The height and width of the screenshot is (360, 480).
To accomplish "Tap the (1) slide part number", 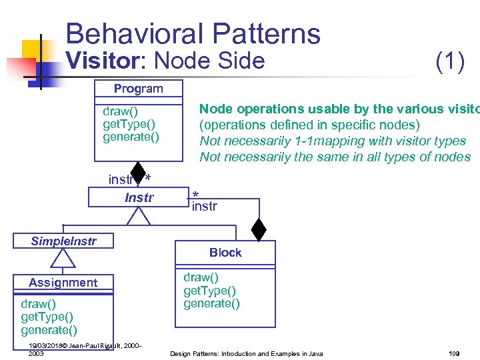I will click(x=449, y=61).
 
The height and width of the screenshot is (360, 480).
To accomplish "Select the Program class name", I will click(x=138, y=89).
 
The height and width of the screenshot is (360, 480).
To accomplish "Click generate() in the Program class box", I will click(x=131, y=137).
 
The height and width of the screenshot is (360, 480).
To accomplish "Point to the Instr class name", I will click(x=139, y=197).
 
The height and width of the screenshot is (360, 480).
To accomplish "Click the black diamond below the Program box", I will click(x=138, y=172).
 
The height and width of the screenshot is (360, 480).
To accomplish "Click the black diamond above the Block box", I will click(x=259, y=229).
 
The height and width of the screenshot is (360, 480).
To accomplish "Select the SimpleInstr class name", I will click(x=63, y=241).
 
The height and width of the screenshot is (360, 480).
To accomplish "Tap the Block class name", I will click(x=225, y=253).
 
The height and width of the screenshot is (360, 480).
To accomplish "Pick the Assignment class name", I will click(x=63, y=283).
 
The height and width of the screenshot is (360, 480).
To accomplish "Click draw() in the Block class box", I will click(x=201, y=277).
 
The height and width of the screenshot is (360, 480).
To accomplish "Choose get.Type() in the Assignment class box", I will click(x=47, y=317).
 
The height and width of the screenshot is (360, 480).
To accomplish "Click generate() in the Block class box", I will click(x=211, y=303).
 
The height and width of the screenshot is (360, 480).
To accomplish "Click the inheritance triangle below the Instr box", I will click(x=139, y=215).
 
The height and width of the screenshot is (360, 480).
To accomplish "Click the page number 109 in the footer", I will click(x=455, y=353).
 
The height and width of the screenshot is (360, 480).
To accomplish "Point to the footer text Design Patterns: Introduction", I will click(x=246, y=353).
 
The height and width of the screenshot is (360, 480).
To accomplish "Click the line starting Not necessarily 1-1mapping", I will click(x=333, y=141).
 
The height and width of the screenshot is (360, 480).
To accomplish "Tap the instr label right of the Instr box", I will click(x=204, y=206).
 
